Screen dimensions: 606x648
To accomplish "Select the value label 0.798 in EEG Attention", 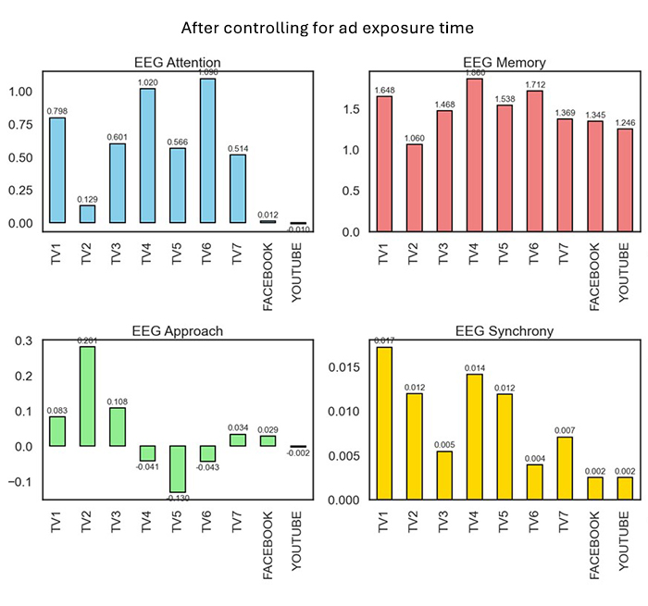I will tap(57, 111).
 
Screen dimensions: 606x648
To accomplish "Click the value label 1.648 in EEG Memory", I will tap(383, 90).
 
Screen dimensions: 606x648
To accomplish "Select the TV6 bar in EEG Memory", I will tap(534, 161).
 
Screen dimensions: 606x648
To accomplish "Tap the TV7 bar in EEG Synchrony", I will tap(565, 468).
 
